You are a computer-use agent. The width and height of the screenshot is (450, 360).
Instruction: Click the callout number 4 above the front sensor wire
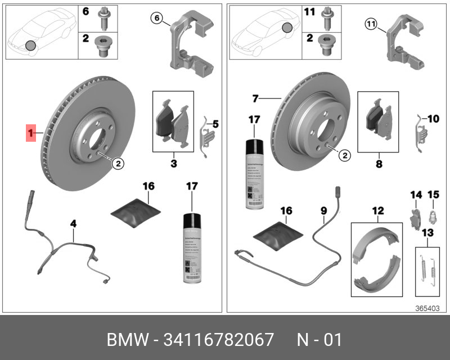click(x=73, y=224)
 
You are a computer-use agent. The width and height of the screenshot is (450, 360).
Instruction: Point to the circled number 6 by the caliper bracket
click(x=157, y=19)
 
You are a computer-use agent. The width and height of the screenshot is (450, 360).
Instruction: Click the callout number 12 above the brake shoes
click(x=377, y=211)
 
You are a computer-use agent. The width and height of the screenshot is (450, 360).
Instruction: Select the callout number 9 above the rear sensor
click(x=323, y=211)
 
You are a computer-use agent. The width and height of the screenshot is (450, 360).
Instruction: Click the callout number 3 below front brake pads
click(x=173, y=164)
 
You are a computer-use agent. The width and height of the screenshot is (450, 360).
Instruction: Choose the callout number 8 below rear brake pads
click(x=378, y=165)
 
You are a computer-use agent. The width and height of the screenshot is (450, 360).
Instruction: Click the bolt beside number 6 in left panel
click(x=104, y=18)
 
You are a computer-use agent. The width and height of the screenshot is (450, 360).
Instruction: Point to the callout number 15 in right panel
click(x=434, y=195)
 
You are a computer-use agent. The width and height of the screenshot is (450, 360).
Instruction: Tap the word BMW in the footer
click(x=126, y=340)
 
